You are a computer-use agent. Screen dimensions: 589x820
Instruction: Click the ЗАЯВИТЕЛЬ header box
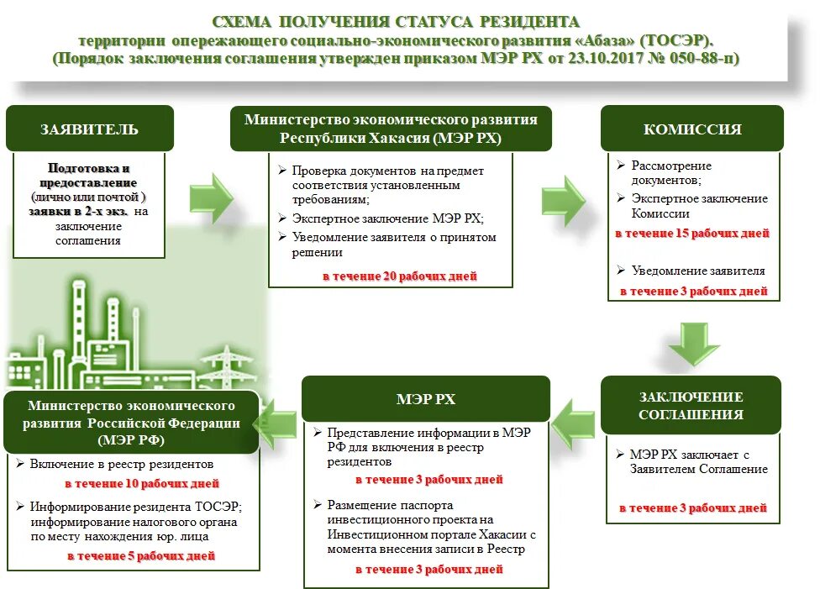pyautogui.click(x=90, y=129)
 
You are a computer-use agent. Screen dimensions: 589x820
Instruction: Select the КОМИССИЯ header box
pyautogui.click(x=691, y=129)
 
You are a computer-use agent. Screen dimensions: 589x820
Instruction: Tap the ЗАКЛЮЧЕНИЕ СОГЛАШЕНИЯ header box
pyautogui.click(x=691, y=405)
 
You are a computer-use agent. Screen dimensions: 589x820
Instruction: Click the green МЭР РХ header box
pyautogui.click(x=426, y=398)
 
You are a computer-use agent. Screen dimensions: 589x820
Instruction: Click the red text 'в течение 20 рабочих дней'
pyautogui.click(x=400, y=276)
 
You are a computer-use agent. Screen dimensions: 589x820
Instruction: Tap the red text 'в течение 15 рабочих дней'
pyautogui.click(x=691, y=234)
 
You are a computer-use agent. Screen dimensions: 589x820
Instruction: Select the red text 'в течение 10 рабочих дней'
pyautogui.click(x=142, y=484)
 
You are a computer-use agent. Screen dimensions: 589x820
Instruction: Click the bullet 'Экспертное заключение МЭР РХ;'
pyautogui.click(x=387, y=218)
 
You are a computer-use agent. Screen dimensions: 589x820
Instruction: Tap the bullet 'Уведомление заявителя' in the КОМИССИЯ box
pyautogui.click(x=697, y=271)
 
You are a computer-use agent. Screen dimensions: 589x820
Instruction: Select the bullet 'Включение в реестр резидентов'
pyautogui.click(x=121, y=464)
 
